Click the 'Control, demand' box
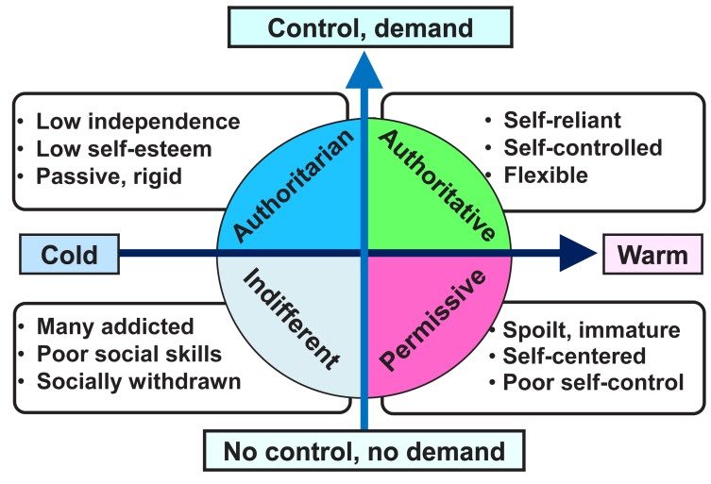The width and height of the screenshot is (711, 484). point(370,27)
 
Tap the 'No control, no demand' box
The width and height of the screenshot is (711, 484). point(364,450)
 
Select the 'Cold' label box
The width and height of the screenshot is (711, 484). point(69,254)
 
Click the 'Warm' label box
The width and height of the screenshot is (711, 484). point(652,254)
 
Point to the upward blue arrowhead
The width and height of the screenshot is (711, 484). point(364,71)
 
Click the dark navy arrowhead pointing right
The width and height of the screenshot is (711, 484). point(578,253)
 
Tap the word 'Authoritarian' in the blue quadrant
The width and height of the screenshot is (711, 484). point(294,186)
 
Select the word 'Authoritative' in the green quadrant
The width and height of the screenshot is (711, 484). point(436,185)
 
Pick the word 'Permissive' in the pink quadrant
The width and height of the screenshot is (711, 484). point(432,320)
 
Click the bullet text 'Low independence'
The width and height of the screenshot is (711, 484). point(138,122)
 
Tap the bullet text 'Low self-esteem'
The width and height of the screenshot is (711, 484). point(124,149)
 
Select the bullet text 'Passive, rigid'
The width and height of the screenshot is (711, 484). point(109,176)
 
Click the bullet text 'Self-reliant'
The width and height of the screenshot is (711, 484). point(562,120)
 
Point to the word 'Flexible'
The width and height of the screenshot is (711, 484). point(546,175)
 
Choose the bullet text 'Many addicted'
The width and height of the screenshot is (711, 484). point(115,326)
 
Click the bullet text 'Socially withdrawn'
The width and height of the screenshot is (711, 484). point(139,381)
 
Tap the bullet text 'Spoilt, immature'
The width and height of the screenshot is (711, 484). point(591,329)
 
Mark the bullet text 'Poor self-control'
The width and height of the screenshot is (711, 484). point(593,382)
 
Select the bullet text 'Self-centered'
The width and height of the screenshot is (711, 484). point(574,356)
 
